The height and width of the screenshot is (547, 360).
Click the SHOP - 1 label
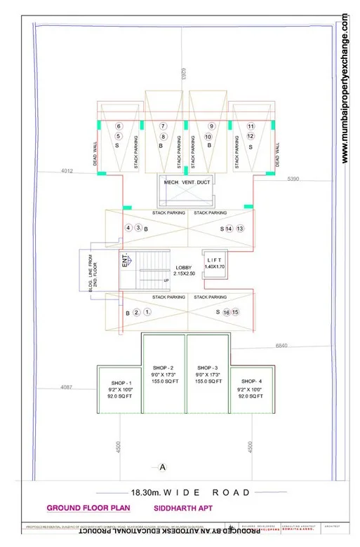114,381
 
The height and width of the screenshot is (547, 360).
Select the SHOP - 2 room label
163,367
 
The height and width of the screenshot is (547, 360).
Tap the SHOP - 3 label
208,367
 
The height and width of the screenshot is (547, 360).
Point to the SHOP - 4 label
251,381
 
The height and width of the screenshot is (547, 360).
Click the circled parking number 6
119,126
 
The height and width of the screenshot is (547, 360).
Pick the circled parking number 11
251,126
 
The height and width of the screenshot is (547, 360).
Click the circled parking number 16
227,312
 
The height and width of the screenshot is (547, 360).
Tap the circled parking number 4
128,229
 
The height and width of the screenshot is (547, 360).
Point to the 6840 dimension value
282,346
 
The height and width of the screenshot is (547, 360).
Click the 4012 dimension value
67,170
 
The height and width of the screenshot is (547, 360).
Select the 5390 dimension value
293,180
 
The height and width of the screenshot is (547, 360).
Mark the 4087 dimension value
67,387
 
